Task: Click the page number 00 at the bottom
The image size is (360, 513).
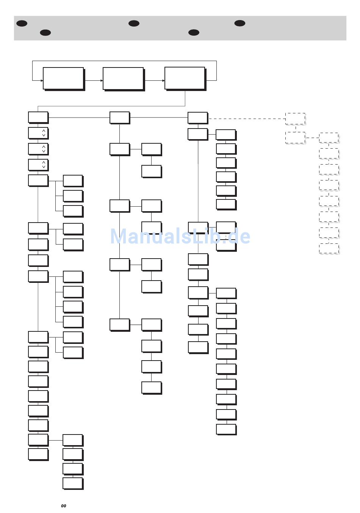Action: point(63,506)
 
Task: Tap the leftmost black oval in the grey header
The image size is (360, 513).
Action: point(22,23)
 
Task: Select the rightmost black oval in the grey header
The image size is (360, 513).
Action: point(239,23)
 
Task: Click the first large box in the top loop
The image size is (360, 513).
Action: point(63,78)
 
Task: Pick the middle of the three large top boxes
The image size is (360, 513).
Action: point(123,78)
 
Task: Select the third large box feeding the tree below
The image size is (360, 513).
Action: point(185,78)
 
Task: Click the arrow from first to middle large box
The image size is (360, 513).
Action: point(94,80)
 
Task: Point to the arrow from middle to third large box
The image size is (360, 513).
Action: point(155,80)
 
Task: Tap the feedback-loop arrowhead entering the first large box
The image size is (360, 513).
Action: point(41,80)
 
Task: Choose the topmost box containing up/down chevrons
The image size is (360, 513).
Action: point(38,133)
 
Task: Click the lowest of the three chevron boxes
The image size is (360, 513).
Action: point(38,165)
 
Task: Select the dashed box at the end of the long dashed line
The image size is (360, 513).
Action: point(295,119)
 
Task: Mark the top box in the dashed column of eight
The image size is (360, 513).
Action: point(329,138)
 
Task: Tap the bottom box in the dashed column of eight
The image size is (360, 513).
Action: point(329,249)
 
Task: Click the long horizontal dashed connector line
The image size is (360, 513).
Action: point(246,119)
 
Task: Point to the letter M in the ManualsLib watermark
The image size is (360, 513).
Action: point(119,237)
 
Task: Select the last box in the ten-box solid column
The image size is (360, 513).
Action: point(226,429)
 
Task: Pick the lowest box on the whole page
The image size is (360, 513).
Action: point(72,483)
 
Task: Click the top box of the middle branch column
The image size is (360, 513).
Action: point(119,118)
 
